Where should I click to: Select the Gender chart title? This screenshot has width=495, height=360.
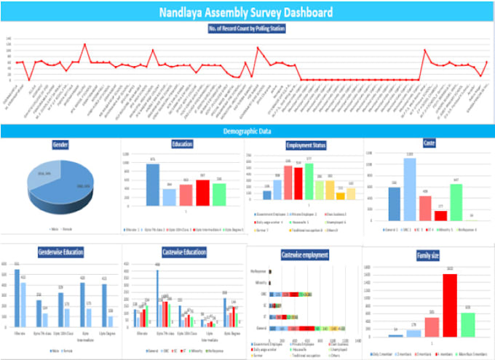point(60,145)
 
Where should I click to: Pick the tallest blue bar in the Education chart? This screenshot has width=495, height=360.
point(153,185)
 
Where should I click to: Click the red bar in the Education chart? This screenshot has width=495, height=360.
point(202,193)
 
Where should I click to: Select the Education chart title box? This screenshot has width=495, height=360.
point(182,144)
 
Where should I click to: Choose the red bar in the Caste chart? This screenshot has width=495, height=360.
point(441,215)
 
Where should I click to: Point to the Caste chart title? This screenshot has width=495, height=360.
point(429,143)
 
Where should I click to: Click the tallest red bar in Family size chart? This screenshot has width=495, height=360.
point(450,305)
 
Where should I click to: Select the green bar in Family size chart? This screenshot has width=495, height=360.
point(468,324)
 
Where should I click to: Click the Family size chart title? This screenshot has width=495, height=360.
point(428,256)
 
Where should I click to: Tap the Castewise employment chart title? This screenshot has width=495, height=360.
point(304,255)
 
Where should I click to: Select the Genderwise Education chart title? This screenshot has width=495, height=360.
point(60,252)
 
